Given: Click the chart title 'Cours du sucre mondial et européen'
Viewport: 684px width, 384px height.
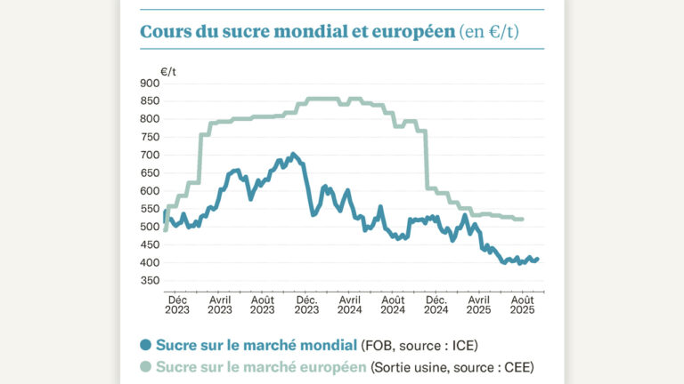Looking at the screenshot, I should coord(297,32).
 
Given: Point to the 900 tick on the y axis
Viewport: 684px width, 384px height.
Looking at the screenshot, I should coord(150,83).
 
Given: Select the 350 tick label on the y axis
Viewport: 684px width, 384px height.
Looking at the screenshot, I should coord(150,281).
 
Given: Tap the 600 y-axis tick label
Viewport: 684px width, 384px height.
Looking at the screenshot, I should coord(150,191).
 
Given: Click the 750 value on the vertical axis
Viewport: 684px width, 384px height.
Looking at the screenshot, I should coord(150,137).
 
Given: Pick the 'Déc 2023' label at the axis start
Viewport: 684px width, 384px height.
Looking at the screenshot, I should coord(177,305).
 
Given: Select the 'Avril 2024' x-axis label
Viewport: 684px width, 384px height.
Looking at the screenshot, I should coord(350,305).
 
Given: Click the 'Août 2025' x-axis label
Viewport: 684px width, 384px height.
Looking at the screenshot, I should coord(523,305).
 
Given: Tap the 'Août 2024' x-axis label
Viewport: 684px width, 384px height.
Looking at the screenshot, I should coord(393,305).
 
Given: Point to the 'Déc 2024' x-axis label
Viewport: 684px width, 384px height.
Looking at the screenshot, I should coord(436,305).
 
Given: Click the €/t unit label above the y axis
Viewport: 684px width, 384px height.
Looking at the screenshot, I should coord(168,70).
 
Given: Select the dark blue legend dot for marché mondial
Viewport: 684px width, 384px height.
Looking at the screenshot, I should coord(146,345).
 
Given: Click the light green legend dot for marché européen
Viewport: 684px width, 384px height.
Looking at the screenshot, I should coord(146,366).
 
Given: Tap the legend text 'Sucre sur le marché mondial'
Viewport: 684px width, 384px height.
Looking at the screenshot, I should coord(256,345).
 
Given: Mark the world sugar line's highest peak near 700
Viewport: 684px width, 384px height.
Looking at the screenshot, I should coord(294,154).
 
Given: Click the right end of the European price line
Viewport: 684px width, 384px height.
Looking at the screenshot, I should coord(522,219).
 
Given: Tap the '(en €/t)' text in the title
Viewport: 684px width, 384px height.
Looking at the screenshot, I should coord(489,32).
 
